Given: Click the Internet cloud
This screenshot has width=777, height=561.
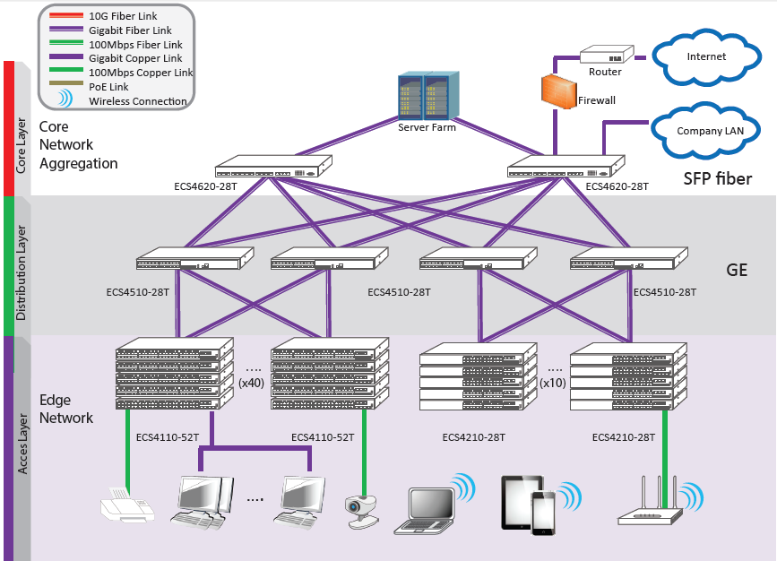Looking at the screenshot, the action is [x=706, y=57].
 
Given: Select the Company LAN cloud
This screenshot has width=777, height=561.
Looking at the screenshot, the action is [x=705, y=131].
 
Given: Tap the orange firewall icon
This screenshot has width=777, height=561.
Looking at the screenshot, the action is [x=558, y=91].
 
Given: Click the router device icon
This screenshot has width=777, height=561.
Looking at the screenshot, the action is [x=607, y=55].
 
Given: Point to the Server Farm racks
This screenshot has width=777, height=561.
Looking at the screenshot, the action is [x=428, y=96].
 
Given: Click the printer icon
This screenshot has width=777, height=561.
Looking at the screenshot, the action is [x=127, y=505].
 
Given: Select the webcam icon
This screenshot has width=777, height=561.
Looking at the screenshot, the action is [x=362, y=512].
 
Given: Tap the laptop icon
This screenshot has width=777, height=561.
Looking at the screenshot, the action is [x=426, y=511].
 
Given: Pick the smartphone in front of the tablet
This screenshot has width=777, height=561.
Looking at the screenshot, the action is [x=544, y=514].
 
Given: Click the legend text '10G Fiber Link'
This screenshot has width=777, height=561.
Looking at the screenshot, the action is [x=123, y=16].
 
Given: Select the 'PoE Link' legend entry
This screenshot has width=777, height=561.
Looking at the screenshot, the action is [x=108, y=87].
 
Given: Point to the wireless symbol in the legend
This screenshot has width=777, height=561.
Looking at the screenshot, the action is [x=65, y=99].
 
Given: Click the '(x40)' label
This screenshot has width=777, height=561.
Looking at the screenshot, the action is [x=251, y=383].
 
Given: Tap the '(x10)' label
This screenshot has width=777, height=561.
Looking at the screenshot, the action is [x=553, y=383].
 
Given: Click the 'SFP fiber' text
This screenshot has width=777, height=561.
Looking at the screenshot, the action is [x=718, y=178].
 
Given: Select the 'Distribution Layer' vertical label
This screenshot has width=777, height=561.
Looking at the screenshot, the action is [x=22, y=272].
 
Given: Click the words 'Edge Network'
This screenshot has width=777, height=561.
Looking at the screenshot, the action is [x=66, y=409].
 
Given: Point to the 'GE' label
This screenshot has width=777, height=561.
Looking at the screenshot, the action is [x=737, y=270].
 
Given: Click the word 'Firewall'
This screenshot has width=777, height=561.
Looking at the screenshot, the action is [x=597, y=100].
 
